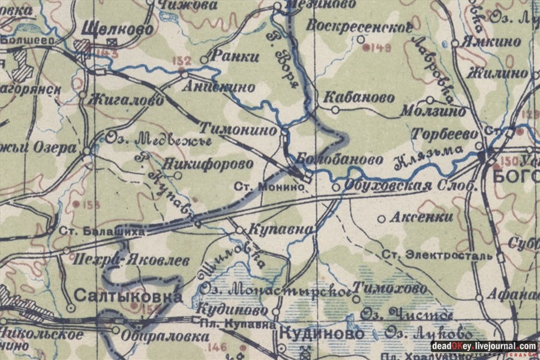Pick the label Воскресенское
[359, 26]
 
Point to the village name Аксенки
[422, 218]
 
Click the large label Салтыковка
[128, 296]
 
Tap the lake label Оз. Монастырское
[275, 289]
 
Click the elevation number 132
[181, 61]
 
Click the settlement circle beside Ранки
[204, 60]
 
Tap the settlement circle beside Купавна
[239, 230]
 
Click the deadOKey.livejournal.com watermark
[484, 346]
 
